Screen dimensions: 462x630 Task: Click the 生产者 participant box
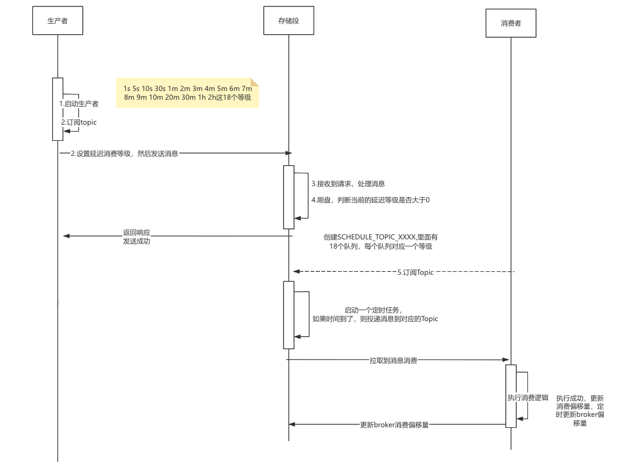click(57, 21)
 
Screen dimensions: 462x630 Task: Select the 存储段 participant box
click(288, 21)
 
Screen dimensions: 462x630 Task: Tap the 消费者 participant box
click(511, 24)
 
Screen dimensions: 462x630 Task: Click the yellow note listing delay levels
click(187, 93)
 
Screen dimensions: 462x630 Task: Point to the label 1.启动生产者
click(79, 104)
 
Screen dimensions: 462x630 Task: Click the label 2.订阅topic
click(79, 122)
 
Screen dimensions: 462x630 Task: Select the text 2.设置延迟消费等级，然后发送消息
click(124, 154)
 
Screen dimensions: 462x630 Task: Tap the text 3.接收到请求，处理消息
click(348, 184)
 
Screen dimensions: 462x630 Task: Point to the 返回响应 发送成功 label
click(136, 237)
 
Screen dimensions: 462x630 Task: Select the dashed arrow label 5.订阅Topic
click(415, 272)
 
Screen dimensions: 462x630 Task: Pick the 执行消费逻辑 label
click(527, 398)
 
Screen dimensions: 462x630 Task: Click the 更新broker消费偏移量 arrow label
click(394, 425)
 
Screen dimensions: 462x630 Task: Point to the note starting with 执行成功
click(580, 410)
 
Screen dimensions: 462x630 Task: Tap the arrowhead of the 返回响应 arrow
click(66, 236)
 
